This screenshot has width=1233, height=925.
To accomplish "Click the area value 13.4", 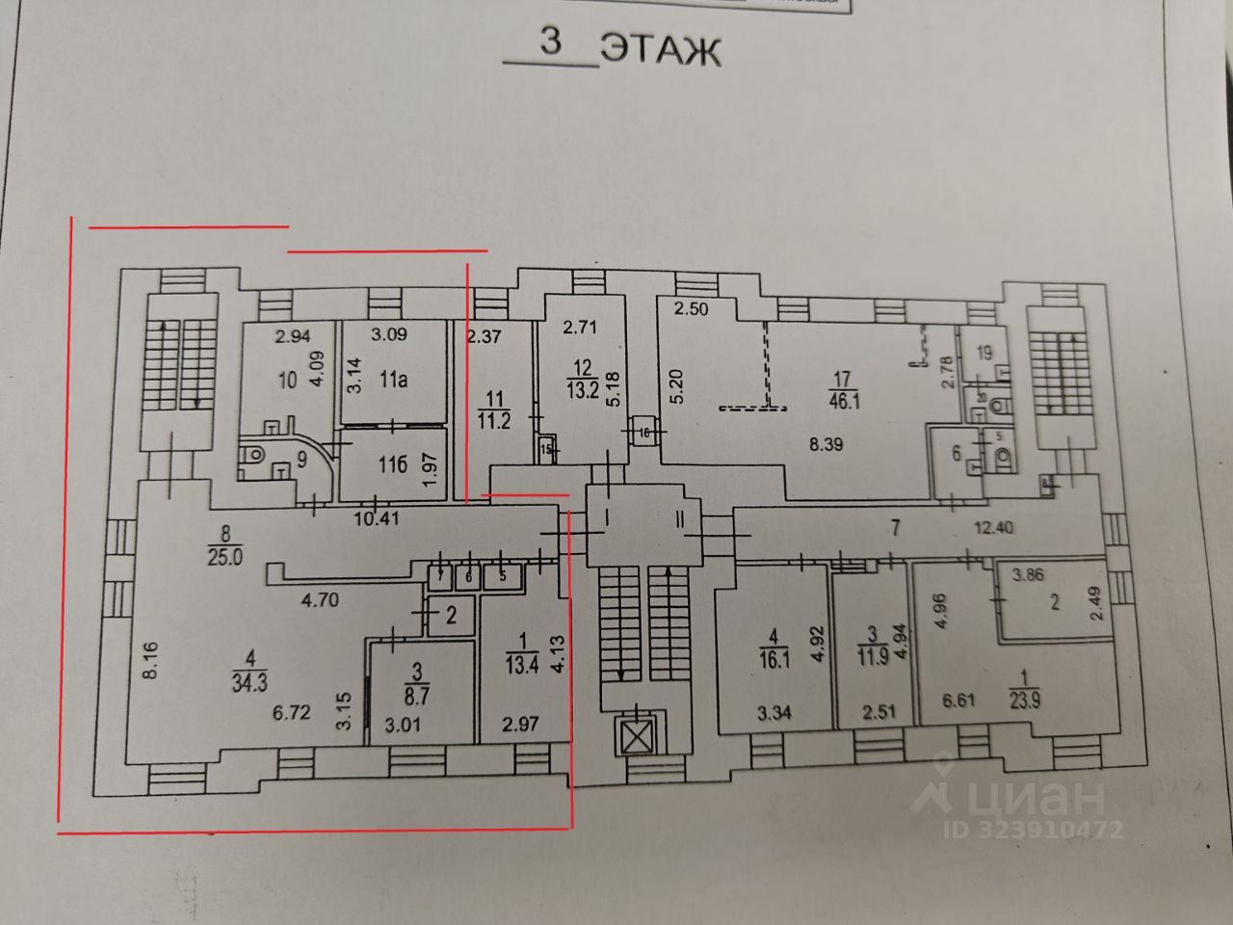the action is (x=517, y=664).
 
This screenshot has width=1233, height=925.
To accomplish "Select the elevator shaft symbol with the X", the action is (x=634, y=738).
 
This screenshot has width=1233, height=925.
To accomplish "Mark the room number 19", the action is (x=984, y=352).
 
